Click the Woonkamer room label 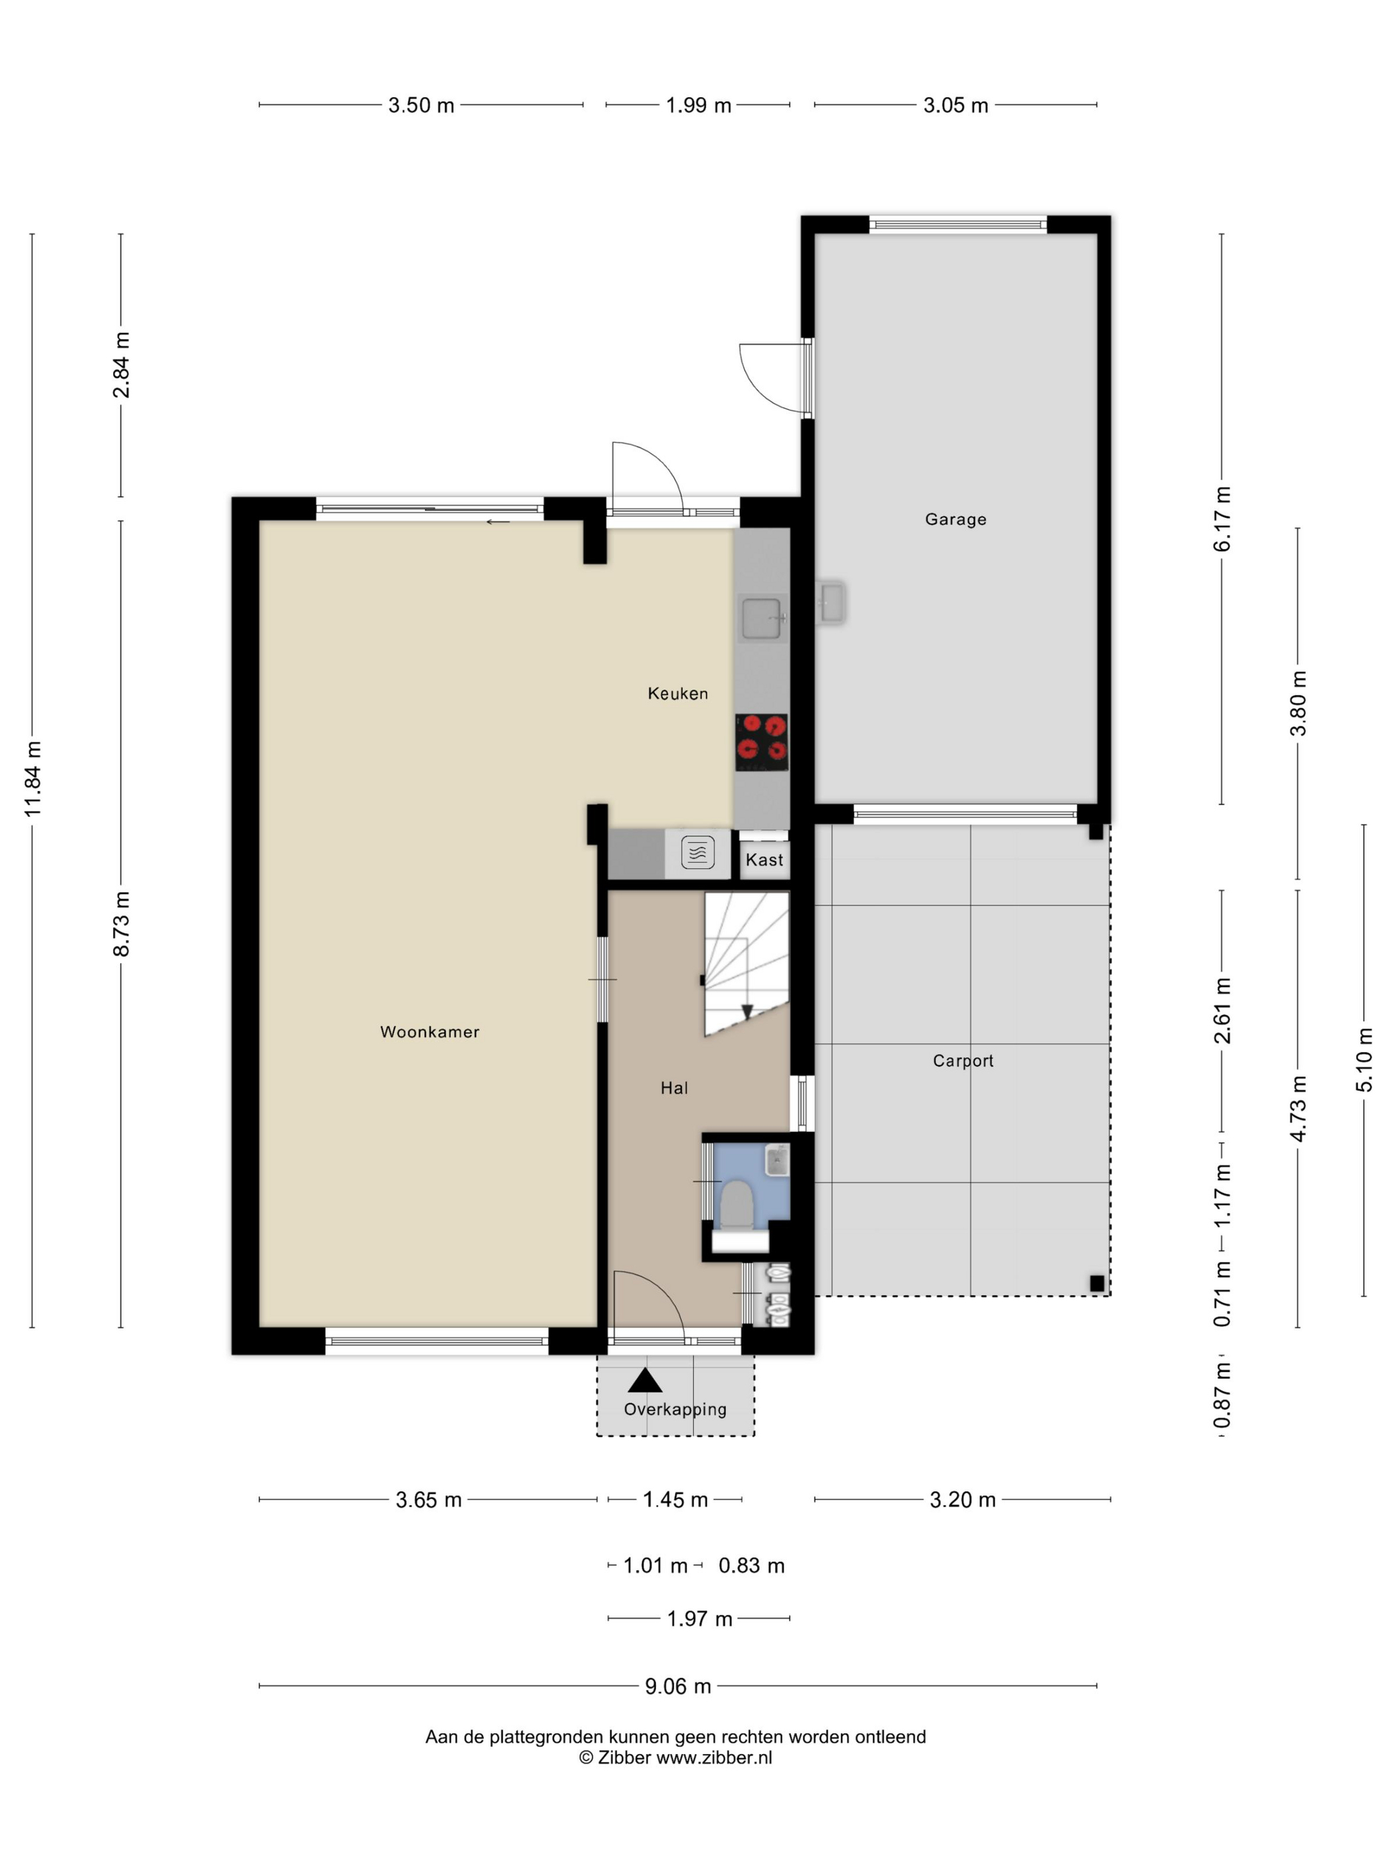click(429, 1032)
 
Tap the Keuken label click(677, 693)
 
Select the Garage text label click(955, 519)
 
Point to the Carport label click(963, 1061)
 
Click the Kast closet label click(764, 860)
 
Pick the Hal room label click(674, 1088)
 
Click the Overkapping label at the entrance click(675, 1409)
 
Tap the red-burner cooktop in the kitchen click(762, 742)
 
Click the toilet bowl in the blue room click(737, 1204)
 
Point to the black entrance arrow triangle click(645, 1380)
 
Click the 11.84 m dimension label click(33, 778)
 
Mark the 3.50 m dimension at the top click(421, 105)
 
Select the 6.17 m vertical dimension click(1222, 519)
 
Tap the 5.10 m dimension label click(1364, 1060)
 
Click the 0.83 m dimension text click(751, 1566)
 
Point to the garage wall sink click(832, 602)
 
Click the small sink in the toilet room click(776, 1162)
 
